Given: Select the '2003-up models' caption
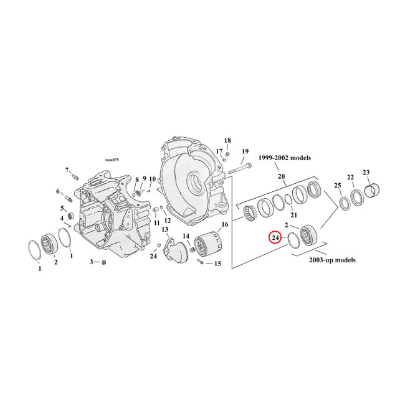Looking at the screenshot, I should (x=332, y=260).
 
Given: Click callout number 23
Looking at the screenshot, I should (x=366, y=172).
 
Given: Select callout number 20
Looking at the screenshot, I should (x=282, y=177).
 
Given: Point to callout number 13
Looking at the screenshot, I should (x=165, y=230).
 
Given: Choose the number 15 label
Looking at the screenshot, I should (x=217, y=264).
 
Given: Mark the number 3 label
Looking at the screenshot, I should (x=91, y=262).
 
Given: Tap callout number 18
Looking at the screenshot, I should (x=227, y=140).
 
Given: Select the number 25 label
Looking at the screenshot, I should (x=337, y=185).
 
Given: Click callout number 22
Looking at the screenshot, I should (x=351, y=177).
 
